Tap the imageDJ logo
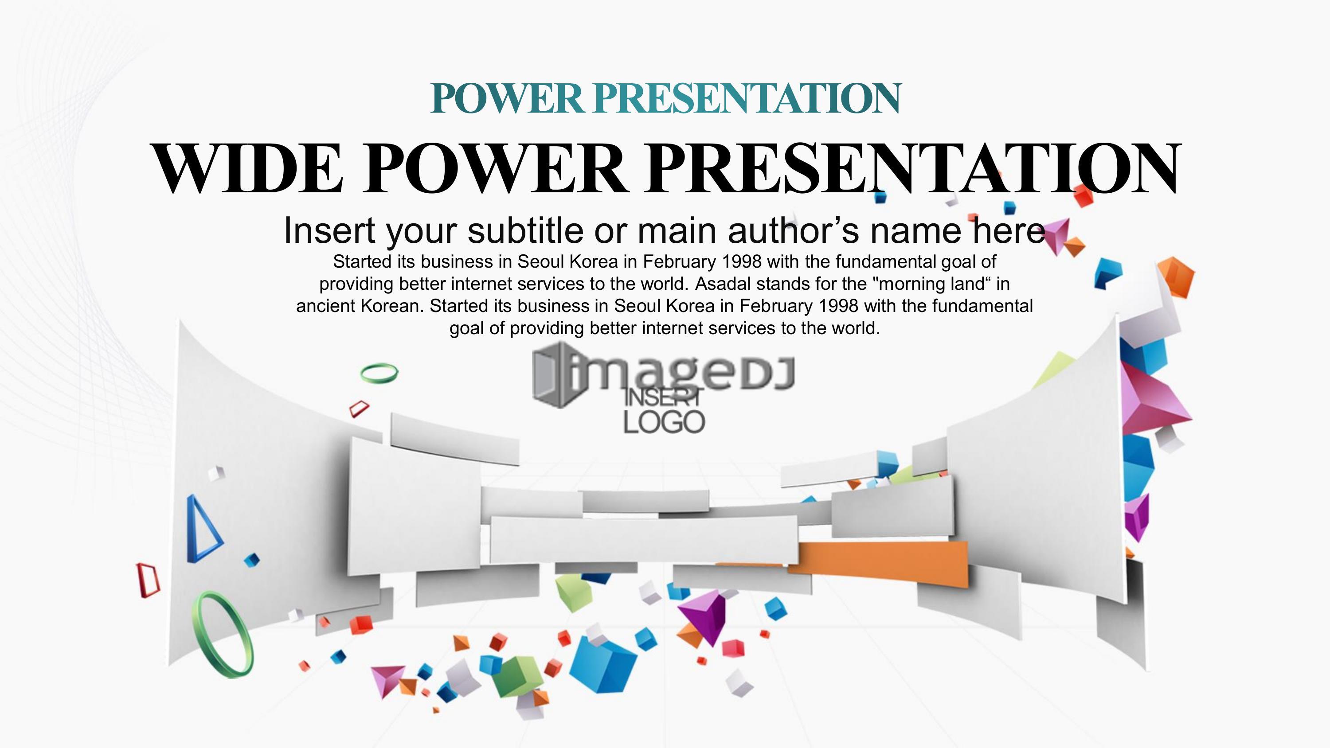point(664,373)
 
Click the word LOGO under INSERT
point(664,422)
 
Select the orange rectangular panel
point(878,564)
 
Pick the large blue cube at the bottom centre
point(603,663)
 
